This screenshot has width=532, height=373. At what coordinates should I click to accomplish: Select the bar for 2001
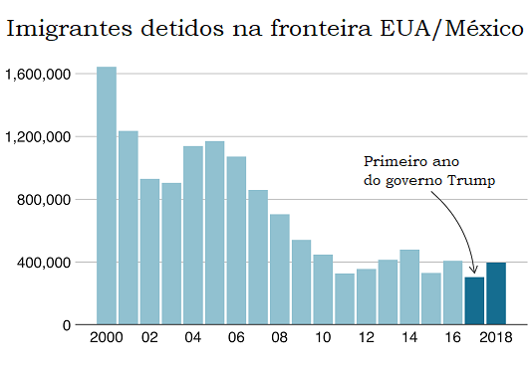point(128,228)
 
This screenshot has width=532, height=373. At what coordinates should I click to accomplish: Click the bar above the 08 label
point(280,270)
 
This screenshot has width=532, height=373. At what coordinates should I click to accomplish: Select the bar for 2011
point(345,298)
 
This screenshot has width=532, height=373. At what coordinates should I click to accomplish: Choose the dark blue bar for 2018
point(496,293)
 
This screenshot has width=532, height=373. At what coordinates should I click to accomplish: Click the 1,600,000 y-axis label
point(38,75)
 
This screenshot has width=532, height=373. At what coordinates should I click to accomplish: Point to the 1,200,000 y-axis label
point(38,137)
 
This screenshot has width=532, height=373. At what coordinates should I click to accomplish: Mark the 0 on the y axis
point(67,325)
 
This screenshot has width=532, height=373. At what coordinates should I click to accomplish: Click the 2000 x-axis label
point(107,338)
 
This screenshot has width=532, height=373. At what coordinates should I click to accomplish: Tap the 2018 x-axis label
point(496,338)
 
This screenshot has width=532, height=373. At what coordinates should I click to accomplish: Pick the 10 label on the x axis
point(323,338)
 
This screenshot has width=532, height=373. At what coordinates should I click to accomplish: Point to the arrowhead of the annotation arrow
point(474,270)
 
